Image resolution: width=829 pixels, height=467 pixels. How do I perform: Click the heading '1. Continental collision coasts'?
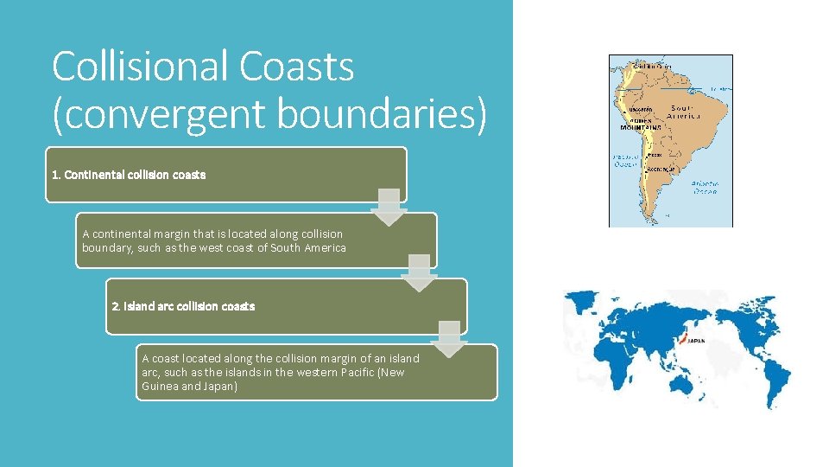click(x=129, y=175)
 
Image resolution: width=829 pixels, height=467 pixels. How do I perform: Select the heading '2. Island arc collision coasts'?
click(x=184, y=306)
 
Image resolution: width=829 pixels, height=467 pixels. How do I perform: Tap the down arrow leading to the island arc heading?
click(x=420, y=272)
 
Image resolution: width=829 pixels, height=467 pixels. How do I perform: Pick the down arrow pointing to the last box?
click(x=449, y=338)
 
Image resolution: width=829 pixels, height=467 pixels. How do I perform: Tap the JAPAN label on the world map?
click(x=696, y=341)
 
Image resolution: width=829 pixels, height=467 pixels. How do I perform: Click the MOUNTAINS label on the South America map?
click(x=641, y=127)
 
